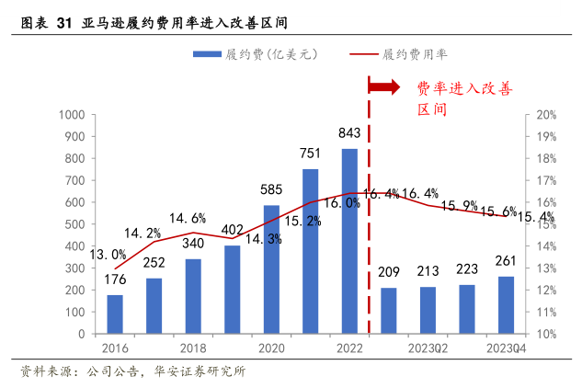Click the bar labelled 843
(349, 241)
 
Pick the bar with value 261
(506, 304)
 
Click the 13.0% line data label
(108, 254)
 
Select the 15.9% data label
(460, 206)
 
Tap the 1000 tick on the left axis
(71, 115)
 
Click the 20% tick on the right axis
(547, 115)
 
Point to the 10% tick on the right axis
(547, 334)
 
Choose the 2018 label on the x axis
(193, 348)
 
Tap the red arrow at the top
(383, 86)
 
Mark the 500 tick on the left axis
(74, 224)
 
